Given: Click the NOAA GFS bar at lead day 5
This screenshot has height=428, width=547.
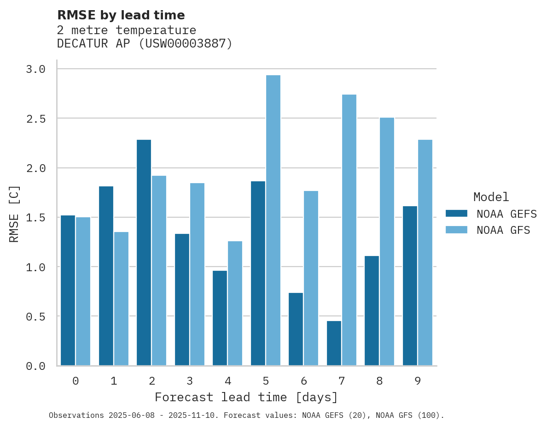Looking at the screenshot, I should point(273,220).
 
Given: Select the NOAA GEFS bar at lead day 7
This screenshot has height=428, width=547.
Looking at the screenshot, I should point(334,343).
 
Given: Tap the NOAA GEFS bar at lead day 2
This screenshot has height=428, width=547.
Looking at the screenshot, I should point(144,253).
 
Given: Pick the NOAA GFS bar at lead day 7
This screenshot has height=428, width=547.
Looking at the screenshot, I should point(349,230).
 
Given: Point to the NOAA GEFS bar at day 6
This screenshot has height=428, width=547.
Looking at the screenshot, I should point(296,329).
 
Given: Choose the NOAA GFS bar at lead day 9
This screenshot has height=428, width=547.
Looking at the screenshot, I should point(425,253).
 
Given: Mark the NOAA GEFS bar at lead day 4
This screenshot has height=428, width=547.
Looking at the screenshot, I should point(220,318).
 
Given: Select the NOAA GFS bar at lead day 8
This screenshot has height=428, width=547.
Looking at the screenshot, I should point(387,242).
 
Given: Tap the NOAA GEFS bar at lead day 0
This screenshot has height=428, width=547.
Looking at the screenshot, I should point(68,291).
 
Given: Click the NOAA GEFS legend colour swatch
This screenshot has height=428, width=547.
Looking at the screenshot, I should point(456,214).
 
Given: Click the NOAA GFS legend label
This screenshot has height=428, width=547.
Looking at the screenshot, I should point(503,230).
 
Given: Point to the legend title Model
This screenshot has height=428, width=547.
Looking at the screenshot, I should point(491,197).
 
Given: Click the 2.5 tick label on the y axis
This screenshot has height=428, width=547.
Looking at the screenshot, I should point(35,119).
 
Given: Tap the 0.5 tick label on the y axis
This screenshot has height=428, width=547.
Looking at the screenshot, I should point(35,316).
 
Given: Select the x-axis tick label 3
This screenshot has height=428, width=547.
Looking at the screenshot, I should point(190,381).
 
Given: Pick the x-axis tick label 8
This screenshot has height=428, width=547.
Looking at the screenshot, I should point(379,381).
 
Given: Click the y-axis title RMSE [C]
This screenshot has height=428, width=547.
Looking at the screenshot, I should point(14,214).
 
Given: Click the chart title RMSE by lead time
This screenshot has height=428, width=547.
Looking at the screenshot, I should point(121,15).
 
